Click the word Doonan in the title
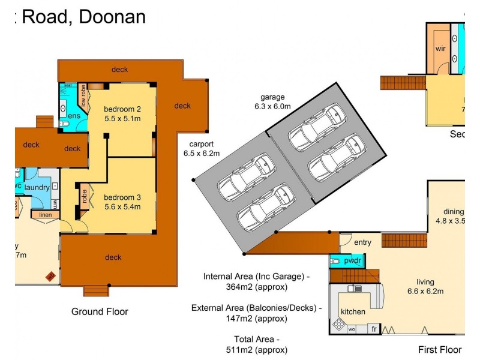click(x=112, y=16)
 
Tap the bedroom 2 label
click(x=122, y=109)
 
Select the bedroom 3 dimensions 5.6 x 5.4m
click(x=122, y=207)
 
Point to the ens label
click(x=74, y=116)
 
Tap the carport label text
click(x=201, y=144)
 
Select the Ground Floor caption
click(x=100, y=311)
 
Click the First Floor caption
click(x=440, y=349)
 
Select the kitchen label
click(x=353, y=312)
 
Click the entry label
click(x=362, y=242)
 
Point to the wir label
click(x=441, y=48)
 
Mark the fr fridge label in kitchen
click(x=373, y=329)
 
